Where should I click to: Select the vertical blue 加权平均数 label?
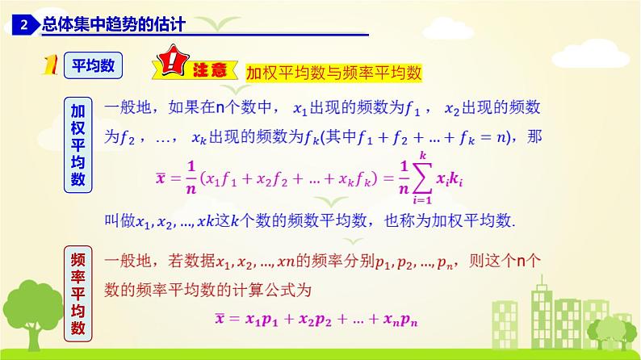click(78, 145)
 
